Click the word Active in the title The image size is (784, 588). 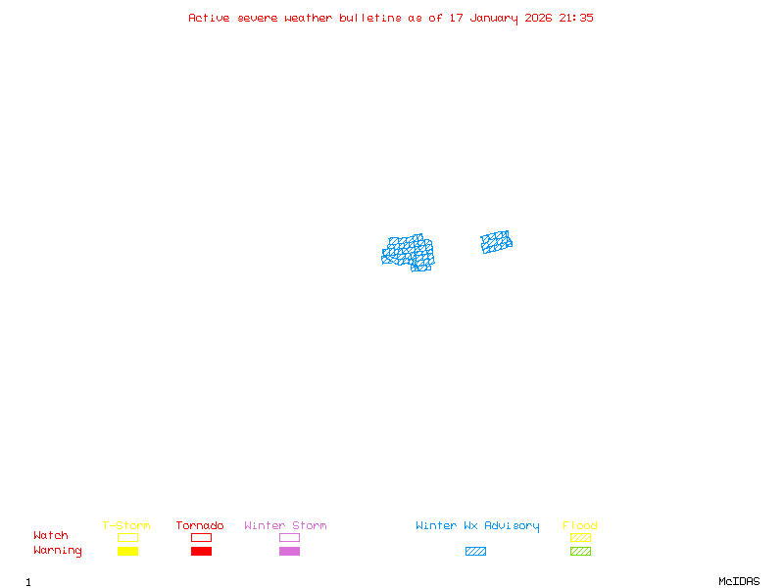tap(210, 18)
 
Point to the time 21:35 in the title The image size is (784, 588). tap(576, 18)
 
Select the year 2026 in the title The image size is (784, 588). tap(539, 18)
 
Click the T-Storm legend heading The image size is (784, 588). tap(126, 526)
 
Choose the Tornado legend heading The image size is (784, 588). tap(200, 526)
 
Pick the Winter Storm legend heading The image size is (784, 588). tap(285, 526)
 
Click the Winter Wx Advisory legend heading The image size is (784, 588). tap(477, 526)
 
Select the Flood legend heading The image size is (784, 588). tap(580, 526)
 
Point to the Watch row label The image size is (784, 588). tap(51, 536)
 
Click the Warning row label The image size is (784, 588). tap(58, 551)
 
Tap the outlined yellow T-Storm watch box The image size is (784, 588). tap(127, 537)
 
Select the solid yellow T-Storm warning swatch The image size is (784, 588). tap(127, 551)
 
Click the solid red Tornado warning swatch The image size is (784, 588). tap(201, 551)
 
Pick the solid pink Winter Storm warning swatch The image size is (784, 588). tap(289, 551)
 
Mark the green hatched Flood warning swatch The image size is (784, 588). tap(580, 551)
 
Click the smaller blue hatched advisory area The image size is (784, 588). tap(496, 242)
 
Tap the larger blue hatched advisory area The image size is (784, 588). tap(409, 252)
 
